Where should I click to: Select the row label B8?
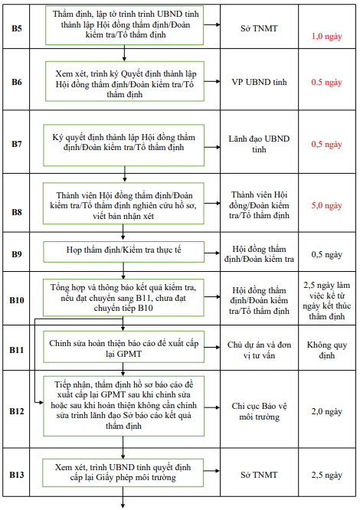tap(17, 205)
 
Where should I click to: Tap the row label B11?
tap(17, 349)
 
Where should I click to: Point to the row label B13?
tap(17, 475)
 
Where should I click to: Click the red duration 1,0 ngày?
tap(326, 35)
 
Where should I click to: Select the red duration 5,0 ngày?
tap(326, 205)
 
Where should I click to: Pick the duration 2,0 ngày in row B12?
tap(326, 411)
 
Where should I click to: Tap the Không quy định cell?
tap(326, 350)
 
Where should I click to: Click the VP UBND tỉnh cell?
tap(259, 82)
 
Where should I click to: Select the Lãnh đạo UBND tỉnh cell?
tap(259, 144)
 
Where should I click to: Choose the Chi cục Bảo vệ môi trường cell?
tap(259, 411)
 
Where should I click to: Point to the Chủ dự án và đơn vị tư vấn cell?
tap(259, 350)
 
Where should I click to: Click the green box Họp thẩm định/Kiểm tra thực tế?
tap(123, 251)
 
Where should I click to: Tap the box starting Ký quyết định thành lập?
tap(123, 143)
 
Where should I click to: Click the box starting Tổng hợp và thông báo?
tap(123, 297)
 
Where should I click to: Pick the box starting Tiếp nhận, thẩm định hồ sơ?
tap(123, 404)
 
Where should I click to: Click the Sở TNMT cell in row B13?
tap(259, 475)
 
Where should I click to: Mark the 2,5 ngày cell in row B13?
tap(326, 475)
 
